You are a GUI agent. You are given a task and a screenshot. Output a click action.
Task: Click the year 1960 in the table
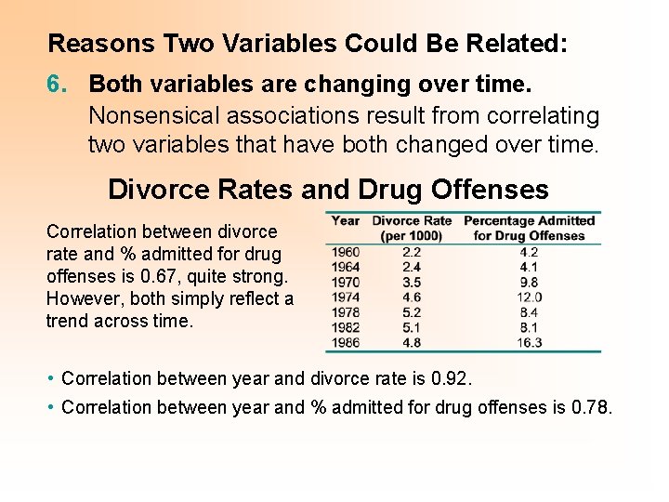pyautogui.click(x=345, y=251)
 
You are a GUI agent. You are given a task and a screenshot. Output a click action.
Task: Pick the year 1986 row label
pyautogui.click(x=345, y=342)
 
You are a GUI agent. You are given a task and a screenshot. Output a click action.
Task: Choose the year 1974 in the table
pyautogui.click(x=345, y=297)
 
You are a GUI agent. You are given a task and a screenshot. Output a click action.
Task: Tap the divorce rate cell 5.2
pyautogui.click(x=412, y=312)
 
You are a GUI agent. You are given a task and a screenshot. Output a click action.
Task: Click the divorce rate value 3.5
pyautogui.click(x=412, y=282)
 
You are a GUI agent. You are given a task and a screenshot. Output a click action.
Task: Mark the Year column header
pyautogui.click(x=346, y=220)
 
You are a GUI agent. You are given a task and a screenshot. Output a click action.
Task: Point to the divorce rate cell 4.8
pyautogui.click(x=412, y=342)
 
